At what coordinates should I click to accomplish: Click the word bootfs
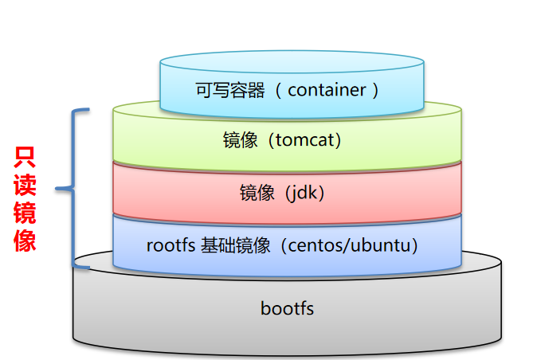coord(287,308)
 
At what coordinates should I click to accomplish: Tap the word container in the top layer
coord(327,89)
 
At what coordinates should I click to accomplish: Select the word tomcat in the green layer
coord(307,141)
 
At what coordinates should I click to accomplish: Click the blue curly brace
coord(76,189)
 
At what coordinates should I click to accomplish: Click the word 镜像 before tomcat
coord(240,141)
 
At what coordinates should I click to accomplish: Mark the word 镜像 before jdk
coord(257,192)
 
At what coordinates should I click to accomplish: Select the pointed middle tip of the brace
coord(57,189)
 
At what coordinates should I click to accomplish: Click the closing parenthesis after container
coord(373,89)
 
